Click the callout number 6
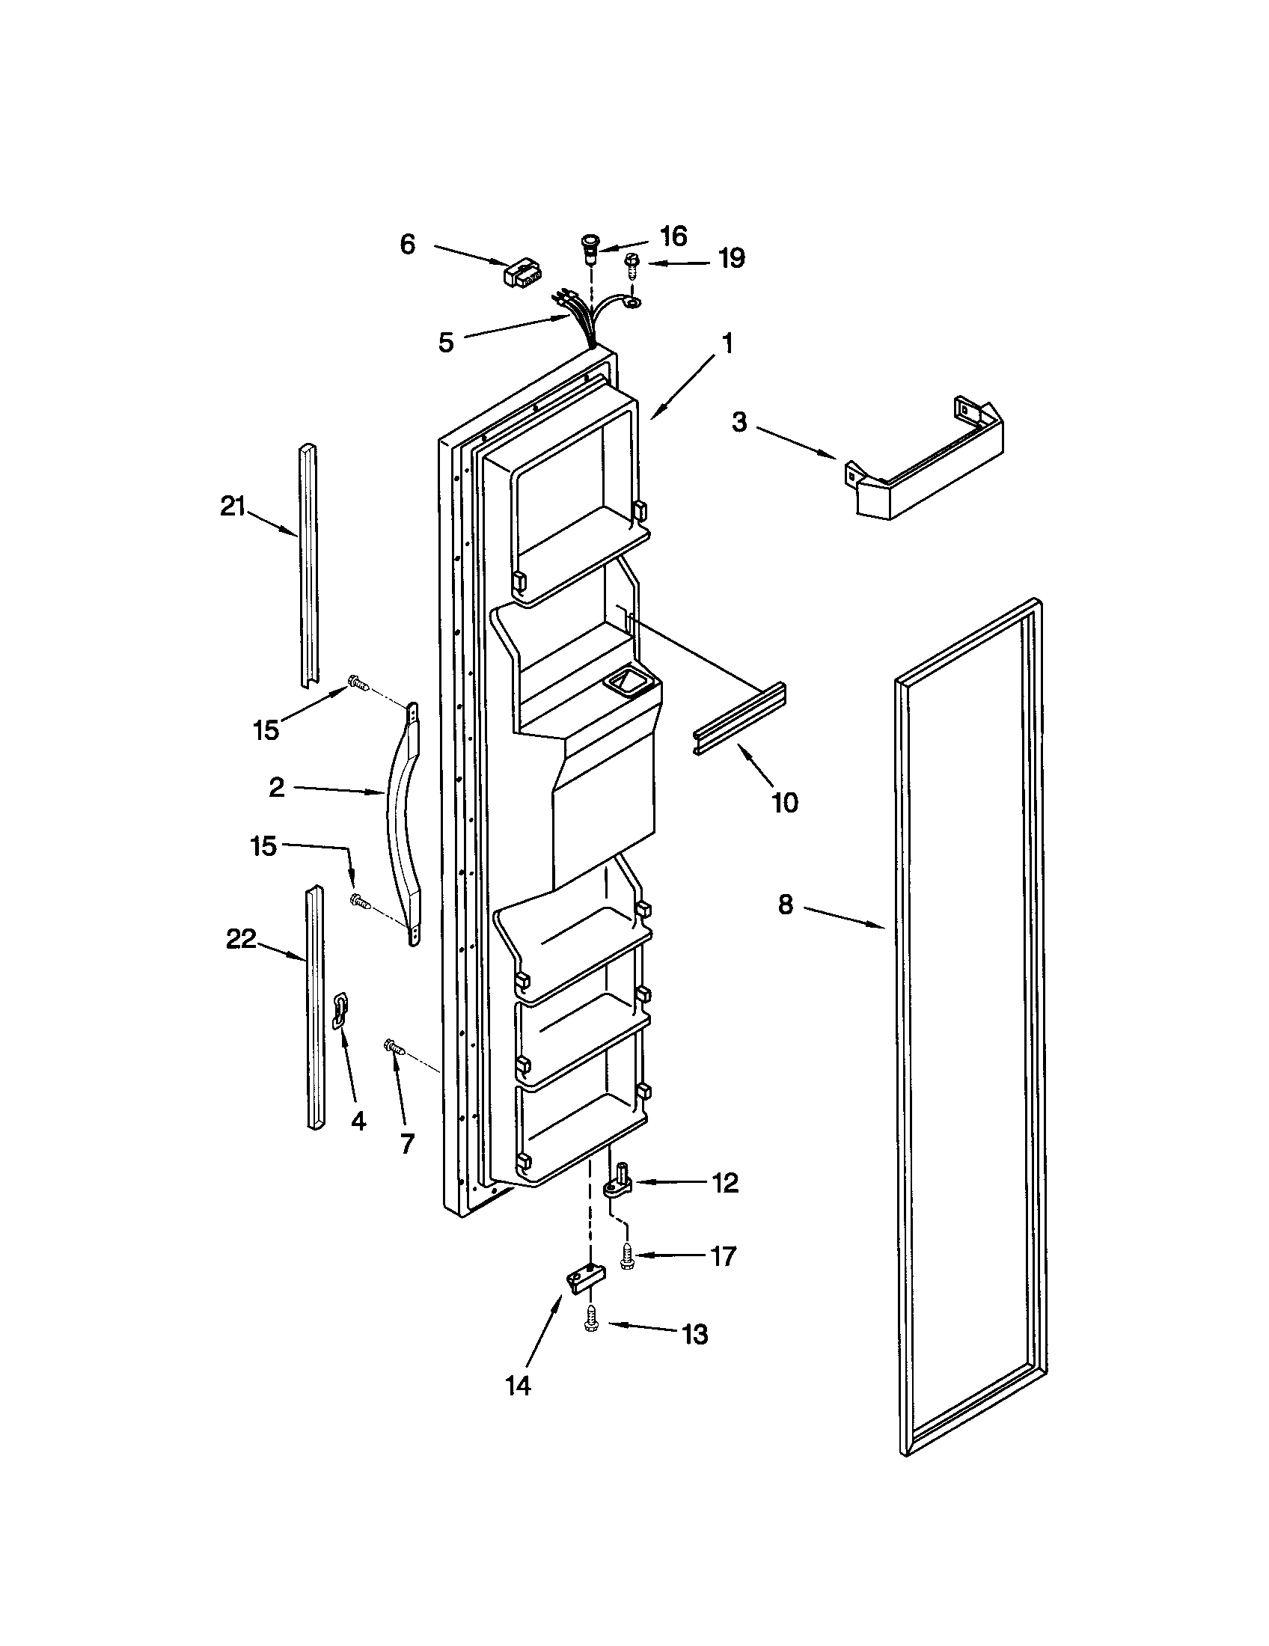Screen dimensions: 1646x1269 pyautogui.click(x=407, y=244)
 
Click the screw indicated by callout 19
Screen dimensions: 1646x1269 pyautogui.click(x=632, y=265)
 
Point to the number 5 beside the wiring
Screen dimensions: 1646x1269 pyautogui.click(x=446, y=342)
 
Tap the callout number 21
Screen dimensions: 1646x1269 pyautogui.click(x=233, y=507)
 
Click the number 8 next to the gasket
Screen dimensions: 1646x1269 pyautogui.click(x=785, y=905)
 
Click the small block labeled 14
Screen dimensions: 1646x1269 pyautogui.click(x=586, y=1279)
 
